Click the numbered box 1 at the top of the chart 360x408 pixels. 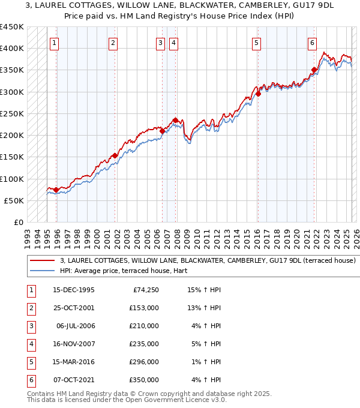pyautogui.click(x=55, y=43)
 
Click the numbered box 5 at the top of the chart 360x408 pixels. pyautogui.click(x=256, y=43)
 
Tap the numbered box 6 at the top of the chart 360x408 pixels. pyautogui.click(x=313, y=43)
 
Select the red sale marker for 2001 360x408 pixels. pyautogui.click(x=115, y=156)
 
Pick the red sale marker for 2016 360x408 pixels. pyautogui.click(x=258, y=94)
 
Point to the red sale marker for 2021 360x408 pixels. pyautogui.click(x=314, y=70)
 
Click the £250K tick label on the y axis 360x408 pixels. pyautogui.click(x=12, y=113)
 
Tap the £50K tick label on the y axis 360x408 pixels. pyautogui.click(x=14, y=200)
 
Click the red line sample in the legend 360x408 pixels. pyautogui.click(x=41, y=261)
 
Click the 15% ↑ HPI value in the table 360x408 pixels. pyautogui.click(x=204, y=290)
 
